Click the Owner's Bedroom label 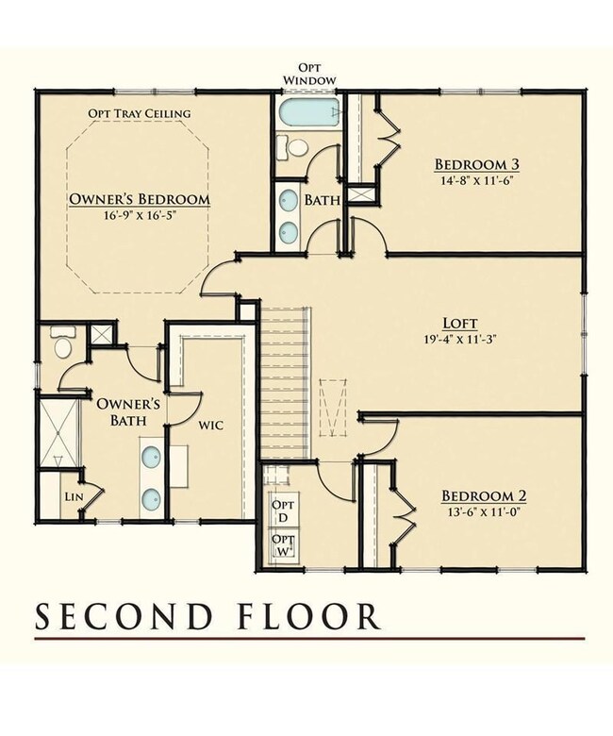click(x=140, y=199)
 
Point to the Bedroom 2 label click(x=484, y=495)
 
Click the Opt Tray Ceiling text click(x=140, y=113)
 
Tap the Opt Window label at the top click(x=309, y=75)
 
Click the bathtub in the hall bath click(x=309, y=111)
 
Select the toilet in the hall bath click(x=291, y=147)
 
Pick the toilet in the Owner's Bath click(x=63, y=343)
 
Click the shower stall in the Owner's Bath click(x=59, y=432)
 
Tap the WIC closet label click(x=211, y=426)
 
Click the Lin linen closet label click(x=75, y=496)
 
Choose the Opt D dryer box click(x=284, y=510)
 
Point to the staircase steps click(x=285, y=382)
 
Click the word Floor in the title click(x=307, y=616)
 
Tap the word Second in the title click(x=124, y=616)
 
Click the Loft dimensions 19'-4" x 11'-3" click(x=460, y=339)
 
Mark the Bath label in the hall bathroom click(x=323, y=200)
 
